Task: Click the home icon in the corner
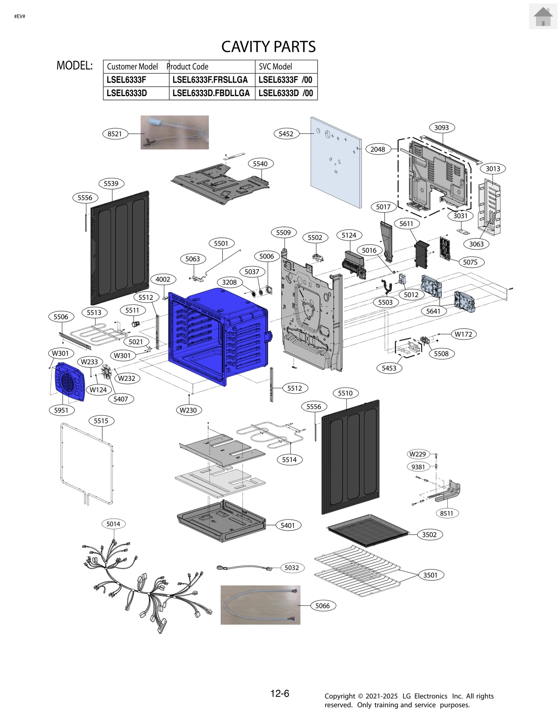[542, 16]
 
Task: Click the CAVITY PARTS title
[268, 46]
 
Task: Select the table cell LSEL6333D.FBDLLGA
[211, 93]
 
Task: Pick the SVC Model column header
[275, 66]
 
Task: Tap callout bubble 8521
[115, 134]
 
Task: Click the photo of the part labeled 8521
[175, 132]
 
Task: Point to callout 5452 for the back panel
[286, 134]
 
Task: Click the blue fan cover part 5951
[70, 382]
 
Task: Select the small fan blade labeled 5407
[106, 372]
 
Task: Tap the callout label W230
[188, 410]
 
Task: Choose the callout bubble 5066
[323, 605]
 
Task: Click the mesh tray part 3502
[367, 530]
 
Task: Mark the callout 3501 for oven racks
[430, 575]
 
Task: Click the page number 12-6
[280, 693]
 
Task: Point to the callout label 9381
[418, 467]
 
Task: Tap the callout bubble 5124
[349, 235]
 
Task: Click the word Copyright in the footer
[339, 696]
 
